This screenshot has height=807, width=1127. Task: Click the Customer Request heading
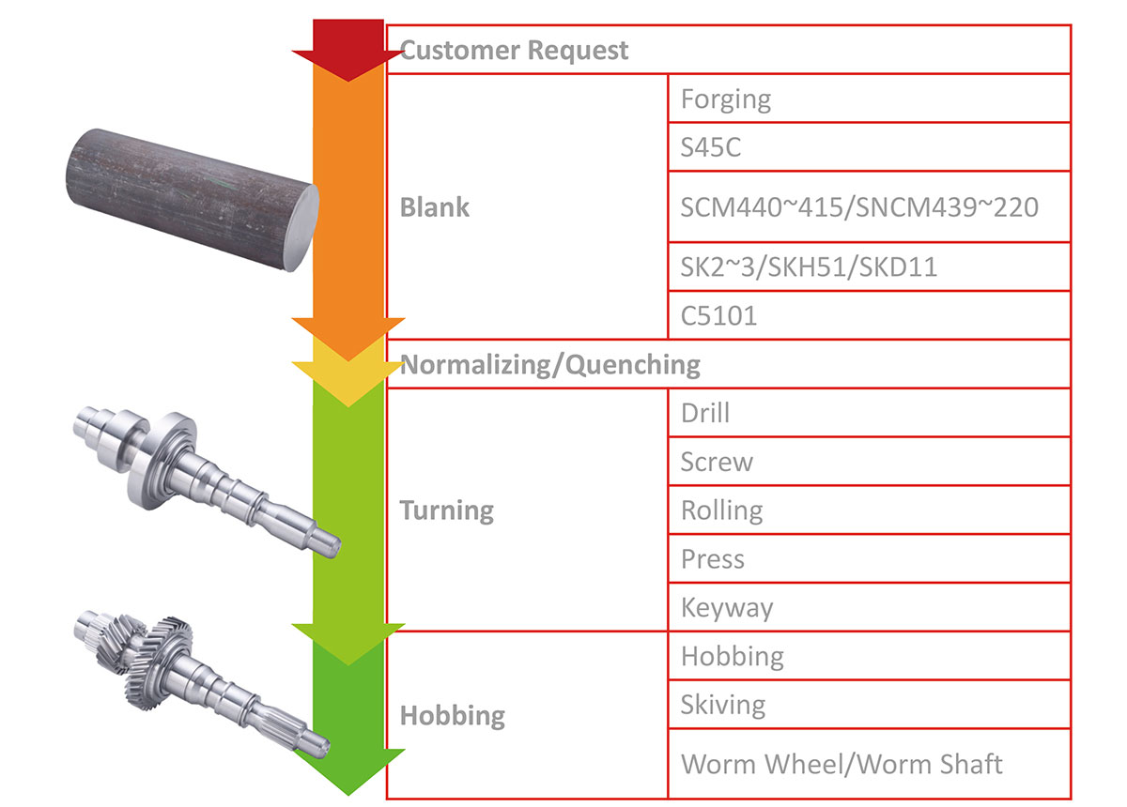(x=514, y=50)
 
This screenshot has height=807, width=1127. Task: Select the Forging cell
(x=725, y=99)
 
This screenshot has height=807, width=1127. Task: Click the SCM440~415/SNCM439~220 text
(x=859, y=206)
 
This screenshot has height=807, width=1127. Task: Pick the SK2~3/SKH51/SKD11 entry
(x=809, y=267)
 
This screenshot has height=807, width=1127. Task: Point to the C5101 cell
(x=718, y=316)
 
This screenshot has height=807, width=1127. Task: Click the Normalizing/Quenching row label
(x=550, y=364)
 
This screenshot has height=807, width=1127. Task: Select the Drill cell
(x=704, y=413)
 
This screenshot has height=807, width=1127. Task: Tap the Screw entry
(x=717, y=462)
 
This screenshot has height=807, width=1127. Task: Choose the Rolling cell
(x=721, y=510)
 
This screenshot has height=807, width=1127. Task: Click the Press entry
(x=712, y=559)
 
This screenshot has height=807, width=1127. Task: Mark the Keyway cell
(x=727, y=608)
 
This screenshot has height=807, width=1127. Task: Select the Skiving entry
(x=723, y=705)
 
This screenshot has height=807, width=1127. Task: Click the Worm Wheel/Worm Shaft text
(x=841, y=764)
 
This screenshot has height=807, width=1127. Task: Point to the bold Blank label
(x=434, y=207)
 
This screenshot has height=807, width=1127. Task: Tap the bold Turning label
(x=446, y=510)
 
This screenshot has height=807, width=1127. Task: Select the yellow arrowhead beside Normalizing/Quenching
(x=347, y=380)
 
